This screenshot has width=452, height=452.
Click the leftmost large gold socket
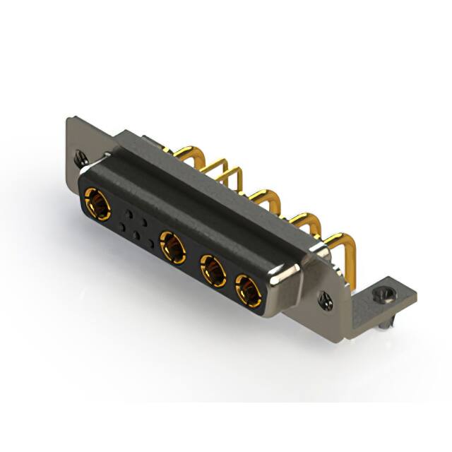96,205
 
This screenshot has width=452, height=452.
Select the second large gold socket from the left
172,246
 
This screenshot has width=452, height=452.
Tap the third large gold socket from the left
212,269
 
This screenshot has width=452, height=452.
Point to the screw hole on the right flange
326,299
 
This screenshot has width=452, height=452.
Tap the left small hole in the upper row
129,212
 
